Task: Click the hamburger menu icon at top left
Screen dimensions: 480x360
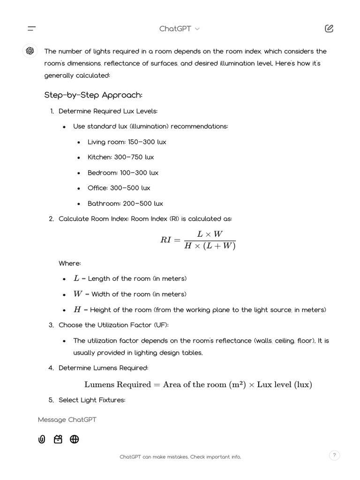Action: pos(31,29)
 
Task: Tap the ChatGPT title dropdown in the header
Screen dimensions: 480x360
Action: pos(179,29)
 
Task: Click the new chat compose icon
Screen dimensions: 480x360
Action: pos(329,29)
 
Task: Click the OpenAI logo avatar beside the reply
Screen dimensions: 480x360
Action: pos(30,51)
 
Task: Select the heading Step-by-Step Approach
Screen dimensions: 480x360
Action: pos(93,95)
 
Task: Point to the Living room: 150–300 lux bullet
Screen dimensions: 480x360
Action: pos(127,142)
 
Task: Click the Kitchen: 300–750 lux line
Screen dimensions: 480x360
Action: pos(120,157)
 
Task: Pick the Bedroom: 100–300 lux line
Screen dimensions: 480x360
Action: pos(123,172)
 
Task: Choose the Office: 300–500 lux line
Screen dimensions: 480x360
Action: pos(119,188)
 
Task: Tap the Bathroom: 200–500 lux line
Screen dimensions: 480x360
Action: pos(125,203)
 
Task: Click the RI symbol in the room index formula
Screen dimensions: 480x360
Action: pos(166,240)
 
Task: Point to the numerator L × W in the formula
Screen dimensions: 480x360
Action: pos(210,234)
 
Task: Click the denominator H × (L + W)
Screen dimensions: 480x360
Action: pos(210,246)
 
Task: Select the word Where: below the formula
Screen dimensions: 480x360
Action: pos(70,263)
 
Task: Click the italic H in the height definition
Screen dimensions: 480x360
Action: pos(77,309)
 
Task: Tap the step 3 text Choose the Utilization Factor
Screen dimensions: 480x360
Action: pos(113,325)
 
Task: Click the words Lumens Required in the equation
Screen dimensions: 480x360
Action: pos(118,384)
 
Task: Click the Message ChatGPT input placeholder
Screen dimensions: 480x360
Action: pos(67,420)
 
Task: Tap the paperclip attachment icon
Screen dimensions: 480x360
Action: pos(42,439)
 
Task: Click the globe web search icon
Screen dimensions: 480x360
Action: pos(74,439)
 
